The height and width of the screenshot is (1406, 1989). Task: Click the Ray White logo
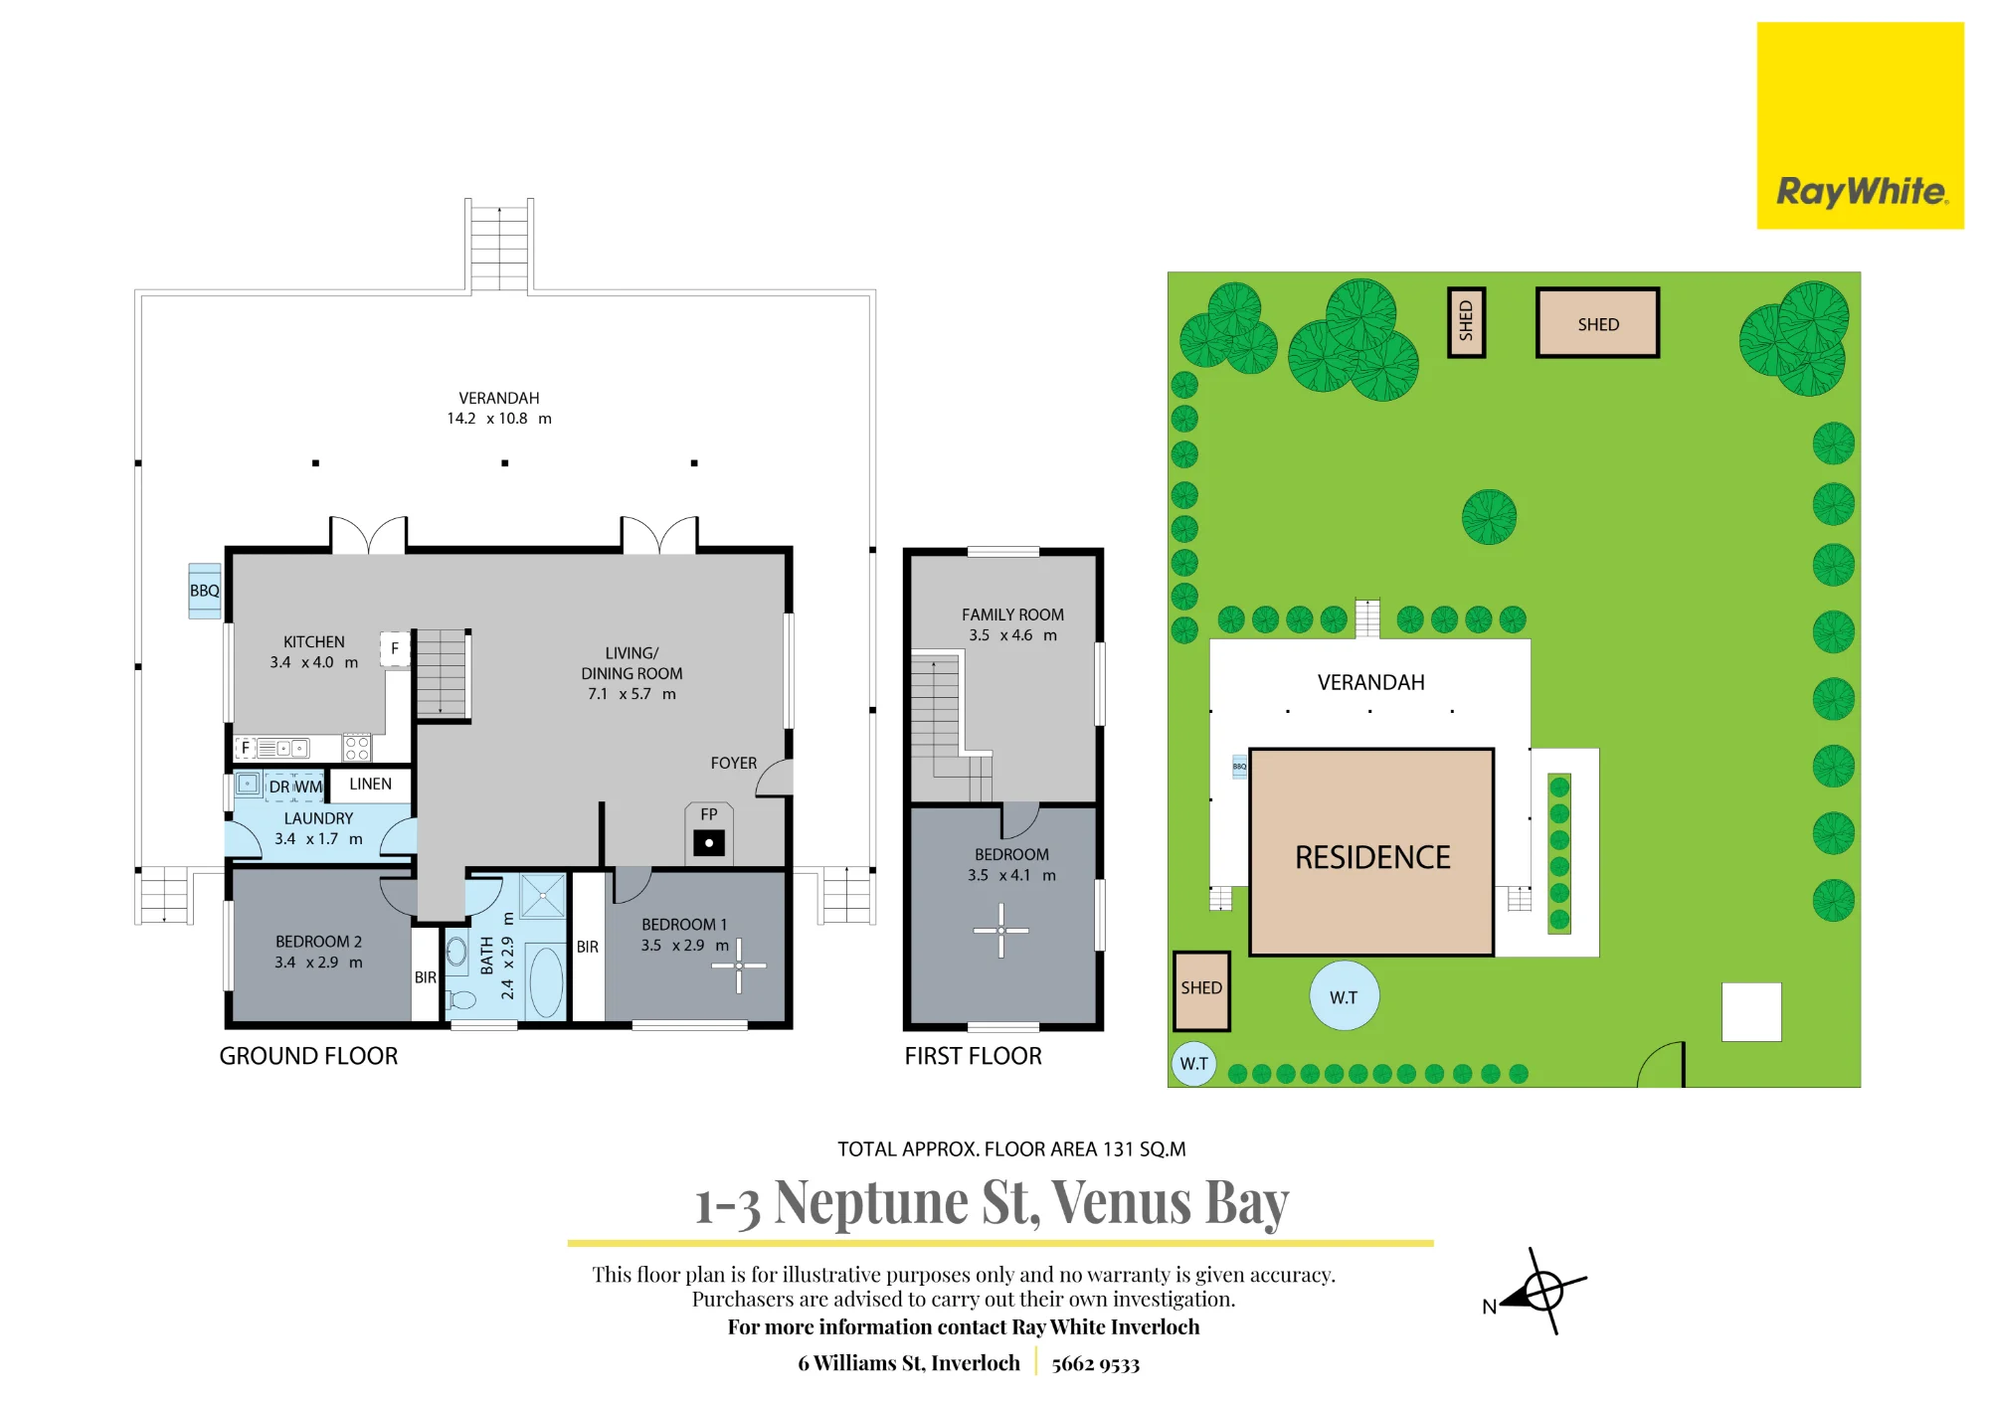1860,126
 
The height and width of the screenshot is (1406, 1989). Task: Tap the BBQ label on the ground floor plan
205,591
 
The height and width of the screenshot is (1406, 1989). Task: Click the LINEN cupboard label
370,784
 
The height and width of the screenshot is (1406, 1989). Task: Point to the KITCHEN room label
314,642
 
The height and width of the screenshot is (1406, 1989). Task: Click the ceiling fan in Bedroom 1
739,966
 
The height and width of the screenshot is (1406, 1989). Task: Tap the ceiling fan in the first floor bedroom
1001,931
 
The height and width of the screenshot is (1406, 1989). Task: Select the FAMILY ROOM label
1012,615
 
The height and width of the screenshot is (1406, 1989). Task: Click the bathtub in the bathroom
546,981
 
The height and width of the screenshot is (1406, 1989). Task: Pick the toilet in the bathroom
459,998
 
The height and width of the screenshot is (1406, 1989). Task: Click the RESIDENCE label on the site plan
1372,857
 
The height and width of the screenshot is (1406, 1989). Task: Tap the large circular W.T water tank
1344,996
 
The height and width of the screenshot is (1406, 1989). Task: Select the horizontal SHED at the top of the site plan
1597,323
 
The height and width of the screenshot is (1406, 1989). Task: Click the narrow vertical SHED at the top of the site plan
1466,322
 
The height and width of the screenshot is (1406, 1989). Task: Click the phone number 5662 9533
1095,1363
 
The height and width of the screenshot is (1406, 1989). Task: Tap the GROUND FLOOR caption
308,1056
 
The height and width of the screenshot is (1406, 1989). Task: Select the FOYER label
734,763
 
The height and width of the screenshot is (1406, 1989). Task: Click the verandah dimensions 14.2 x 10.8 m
499,419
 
